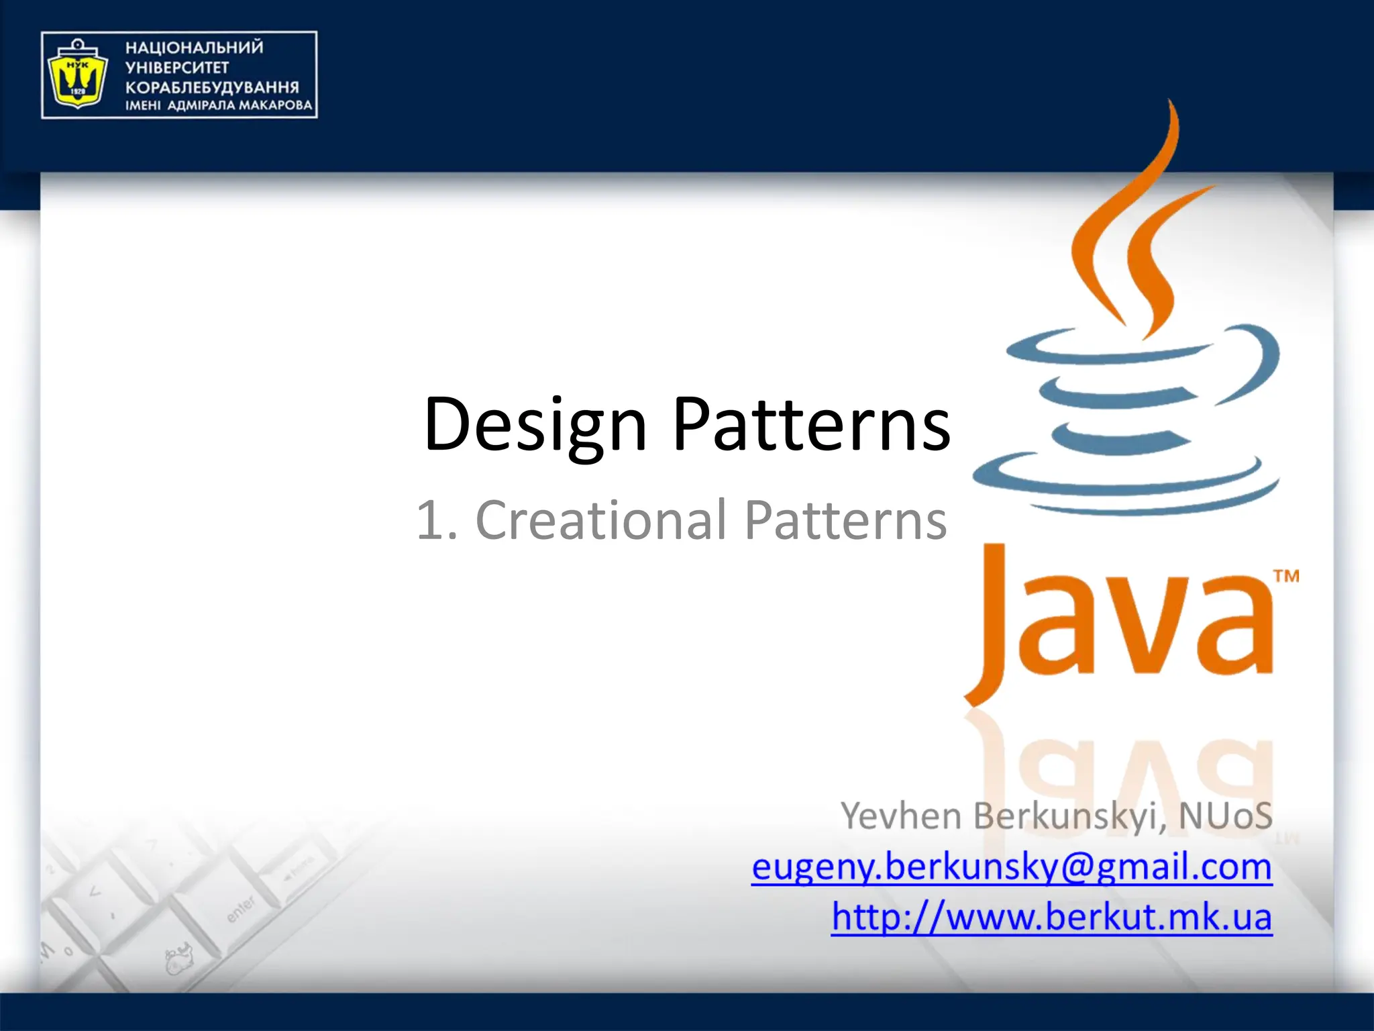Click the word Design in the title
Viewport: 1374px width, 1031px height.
click(x=535, y=425)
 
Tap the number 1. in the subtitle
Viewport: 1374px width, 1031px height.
click(x=437, y=520)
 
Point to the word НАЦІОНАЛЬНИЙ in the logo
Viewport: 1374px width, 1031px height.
click(x=195, y=48)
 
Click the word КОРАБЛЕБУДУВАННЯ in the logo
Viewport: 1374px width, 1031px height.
click(x=212, y=87)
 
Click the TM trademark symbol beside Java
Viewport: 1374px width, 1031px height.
click(x=1286, y=576)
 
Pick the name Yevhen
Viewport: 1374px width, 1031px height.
click(x=901, y=816)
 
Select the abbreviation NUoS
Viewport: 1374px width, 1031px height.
click(x=1225, y=816)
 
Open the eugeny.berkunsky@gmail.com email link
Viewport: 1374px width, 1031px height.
click(x=1011, y=867)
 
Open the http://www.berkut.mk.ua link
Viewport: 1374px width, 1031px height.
click(x=1051, y=917)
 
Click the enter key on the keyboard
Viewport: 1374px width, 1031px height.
click(x=240, y=909)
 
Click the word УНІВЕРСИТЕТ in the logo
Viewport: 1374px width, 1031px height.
click(x=177, y=68)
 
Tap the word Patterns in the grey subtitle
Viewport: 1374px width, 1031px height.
click(x=845, y=520)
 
